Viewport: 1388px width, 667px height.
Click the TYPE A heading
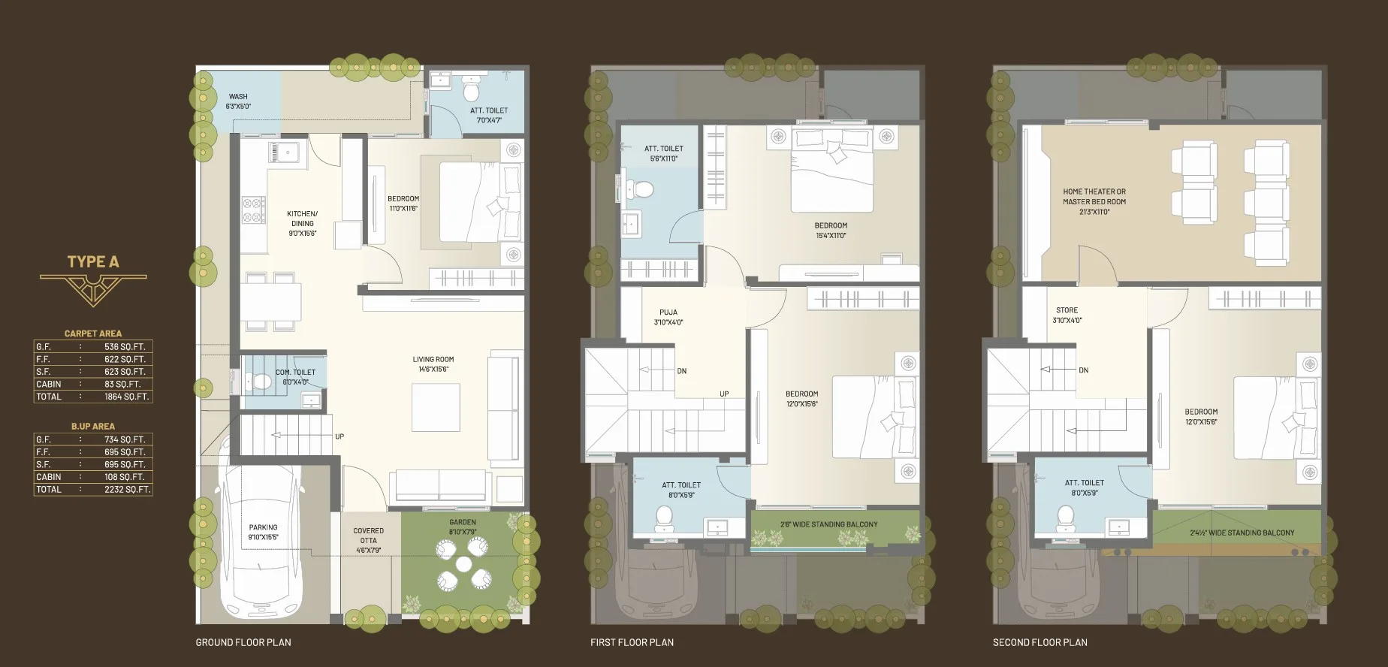click(93, 261)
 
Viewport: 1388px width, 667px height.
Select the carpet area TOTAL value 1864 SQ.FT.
click(126, 397)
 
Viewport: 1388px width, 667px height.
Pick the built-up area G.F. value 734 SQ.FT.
click(125, 439)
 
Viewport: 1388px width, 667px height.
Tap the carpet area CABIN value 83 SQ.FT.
click(122, 384)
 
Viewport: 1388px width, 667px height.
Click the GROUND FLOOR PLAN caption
click(243, 642)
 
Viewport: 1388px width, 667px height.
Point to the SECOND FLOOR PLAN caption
click(1040, 642)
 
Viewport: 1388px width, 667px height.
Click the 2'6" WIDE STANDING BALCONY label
click(828, 524)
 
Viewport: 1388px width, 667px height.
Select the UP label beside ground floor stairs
click(339, 436)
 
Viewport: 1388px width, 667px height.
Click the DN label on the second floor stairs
click(1084, 370)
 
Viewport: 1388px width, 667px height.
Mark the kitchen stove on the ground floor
click(253, 210)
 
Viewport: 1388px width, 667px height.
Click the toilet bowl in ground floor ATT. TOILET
click(472, 90)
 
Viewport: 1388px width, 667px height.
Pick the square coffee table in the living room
click(436, 407)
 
